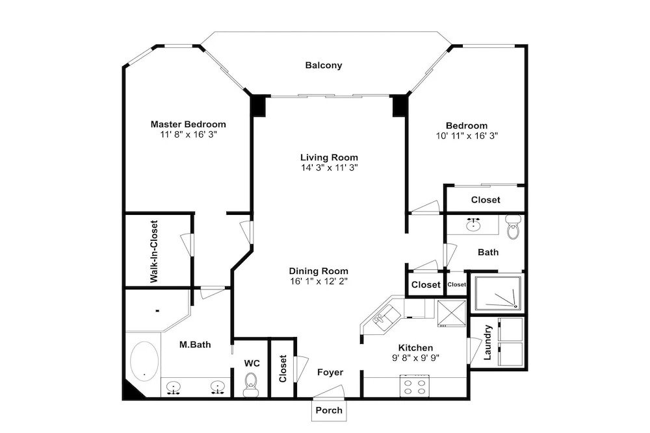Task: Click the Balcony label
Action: [323, 66]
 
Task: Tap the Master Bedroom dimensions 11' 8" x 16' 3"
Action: [188, 134]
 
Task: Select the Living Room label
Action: [329, 158]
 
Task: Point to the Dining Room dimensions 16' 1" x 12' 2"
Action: [318, 282]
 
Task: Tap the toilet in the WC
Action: [250, 385]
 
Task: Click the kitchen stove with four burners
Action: [415, 386]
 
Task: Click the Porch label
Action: [329, 410]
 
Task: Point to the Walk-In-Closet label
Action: [154, 252]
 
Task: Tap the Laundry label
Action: [487, 342]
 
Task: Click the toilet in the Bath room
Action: [513, 227]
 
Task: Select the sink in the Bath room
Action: [473, 225]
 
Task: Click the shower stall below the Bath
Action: [498, 293]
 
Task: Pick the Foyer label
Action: [330, 373]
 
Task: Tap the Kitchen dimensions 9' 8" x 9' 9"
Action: [416, 358]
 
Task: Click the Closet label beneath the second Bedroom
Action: [486, 200]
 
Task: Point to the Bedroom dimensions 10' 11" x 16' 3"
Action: [467, 136]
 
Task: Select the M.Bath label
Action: [195, 345]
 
